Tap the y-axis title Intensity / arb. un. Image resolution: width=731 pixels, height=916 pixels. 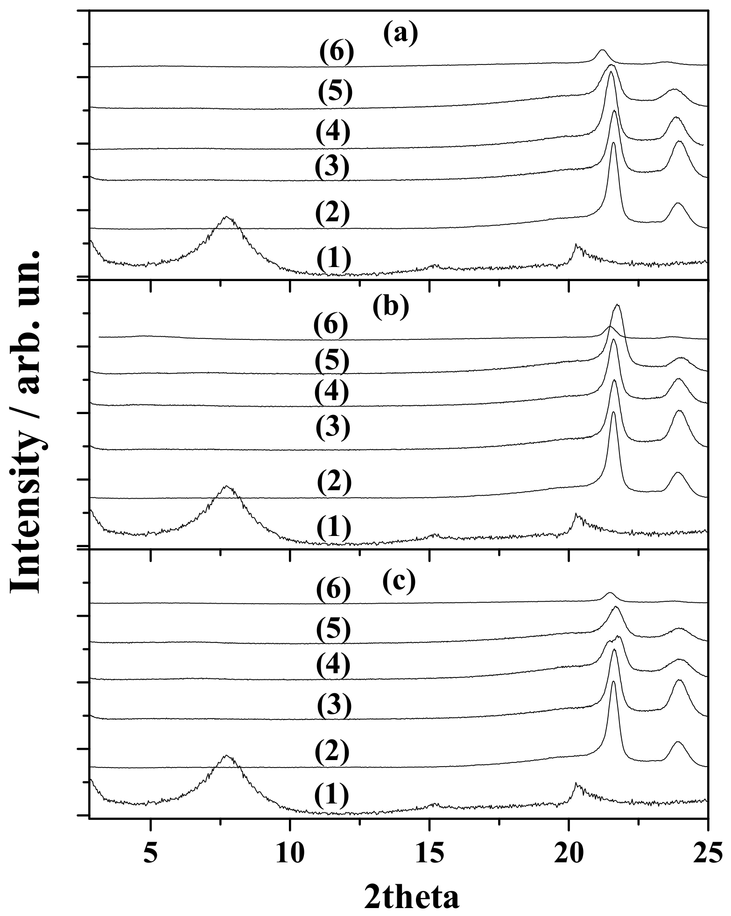[x=29, y=420]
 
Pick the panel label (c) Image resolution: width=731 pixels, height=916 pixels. [x=399, y=580]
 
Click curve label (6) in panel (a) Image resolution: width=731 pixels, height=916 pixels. [x=337, y=53]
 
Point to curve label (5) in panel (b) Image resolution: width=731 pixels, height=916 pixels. [x=331, y=361]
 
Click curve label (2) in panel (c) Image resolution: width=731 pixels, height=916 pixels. [x=331, y=753]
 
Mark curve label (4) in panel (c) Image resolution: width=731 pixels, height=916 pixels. [x=332, y=665]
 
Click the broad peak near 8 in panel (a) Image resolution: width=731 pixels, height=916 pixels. [x=227, y=217]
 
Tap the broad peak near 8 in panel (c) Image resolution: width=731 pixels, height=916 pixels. [x=227, y=756]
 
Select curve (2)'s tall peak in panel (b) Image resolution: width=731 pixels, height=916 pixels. [x=613, y=413]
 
